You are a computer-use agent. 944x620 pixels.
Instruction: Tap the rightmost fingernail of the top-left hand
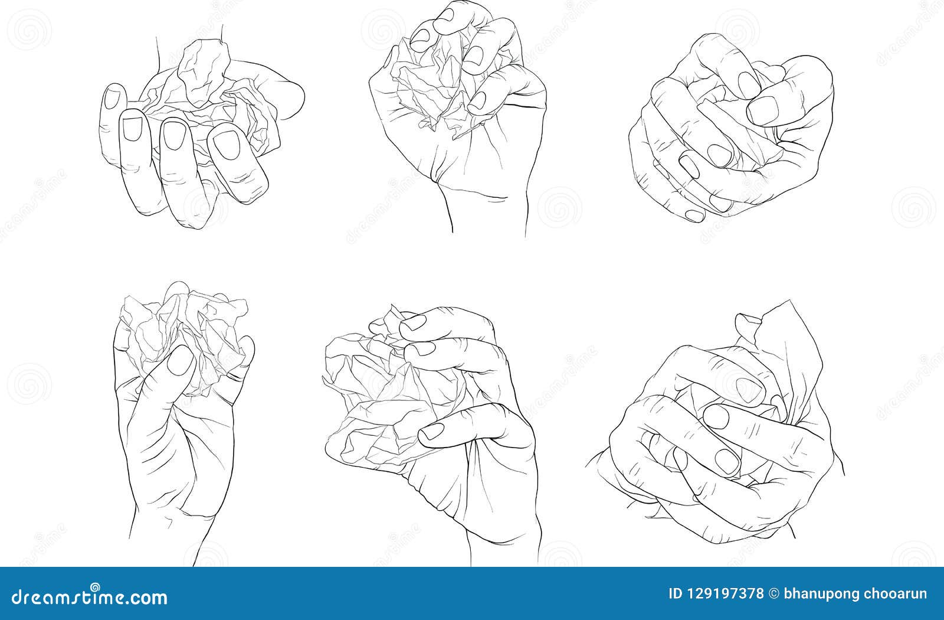225,145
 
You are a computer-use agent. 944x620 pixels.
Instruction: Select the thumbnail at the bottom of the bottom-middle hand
432,432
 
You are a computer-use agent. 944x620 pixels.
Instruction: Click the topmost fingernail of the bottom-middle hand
413,323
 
